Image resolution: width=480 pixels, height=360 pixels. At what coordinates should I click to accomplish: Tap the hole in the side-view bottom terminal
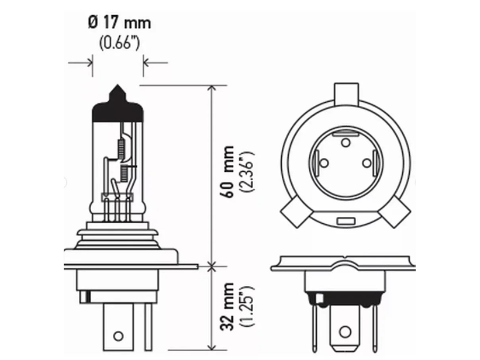pos(118,336)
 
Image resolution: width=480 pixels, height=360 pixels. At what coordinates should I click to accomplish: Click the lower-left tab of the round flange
pos(295,212)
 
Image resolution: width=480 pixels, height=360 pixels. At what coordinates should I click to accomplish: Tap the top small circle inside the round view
pos(345,142)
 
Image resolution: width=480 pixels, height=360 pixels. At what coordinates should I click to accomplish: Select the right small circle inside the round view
pos(367,164)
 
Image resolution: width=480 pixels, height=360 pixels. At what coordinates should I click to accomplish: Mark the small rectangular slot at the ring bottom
pos(345,221)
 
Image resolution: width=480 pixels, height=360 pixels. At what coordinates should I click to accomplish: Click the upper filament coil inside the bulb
pos(122,149)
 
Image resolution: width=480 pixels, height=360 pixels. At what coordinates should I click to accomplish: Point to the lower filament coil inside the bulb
pos(125,172)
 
